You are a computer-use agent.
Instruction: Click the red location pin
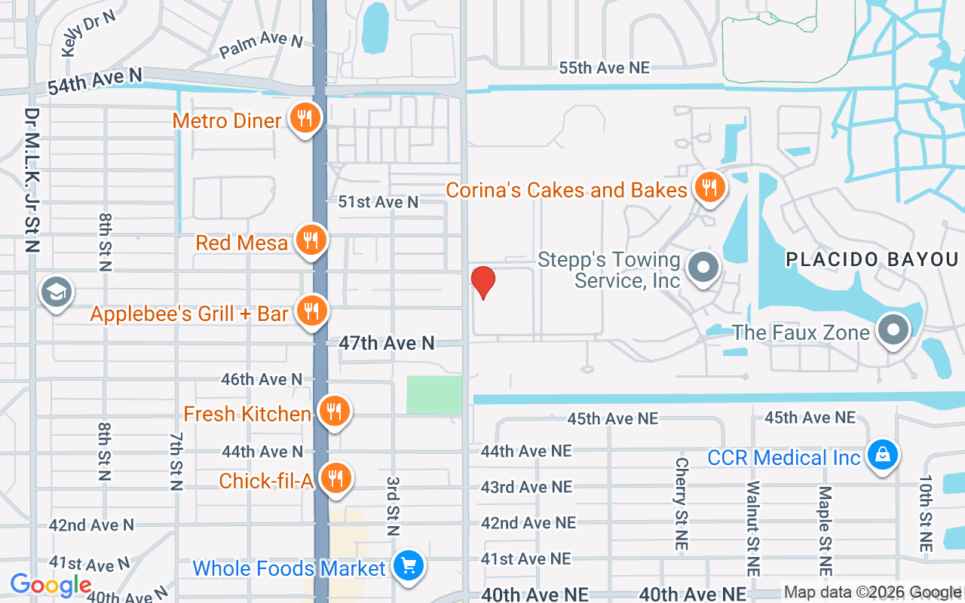click(x=482, y=282)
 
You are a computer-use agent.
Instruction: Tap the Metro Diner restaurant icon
click(x=305, y=119)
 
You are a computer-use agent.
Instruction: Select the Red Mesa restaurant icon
click(x=310, y=240)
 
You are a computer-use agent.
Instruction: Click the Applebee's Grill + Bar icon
click(x=310, y=311)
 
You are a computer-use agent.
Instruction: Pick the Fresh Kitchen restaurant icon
click(x=334, y=412)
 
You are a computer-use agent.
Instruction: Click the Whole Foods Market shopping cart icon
click(x=409, y=566)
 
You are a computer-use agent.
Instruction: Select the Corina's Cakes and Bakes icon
click(x=709, y=188)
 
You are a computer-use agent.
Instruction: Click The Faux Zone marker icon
click(x=893, y=331)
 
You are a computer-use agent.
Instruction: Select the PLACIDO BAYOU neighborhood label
click(x=872, y=260)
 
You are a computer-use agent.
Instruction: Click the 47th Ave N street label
click(x=387, y=344)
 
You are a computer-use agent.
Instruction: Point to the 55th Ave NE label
click(x=604, y=68)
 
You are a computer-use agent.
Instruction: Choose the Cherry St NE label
click(x=682, y=492)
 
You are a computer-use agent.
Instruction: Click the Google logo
click(x=51, y=585)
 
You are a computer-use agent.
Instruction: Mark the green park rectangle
click(x=434, y=395)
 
